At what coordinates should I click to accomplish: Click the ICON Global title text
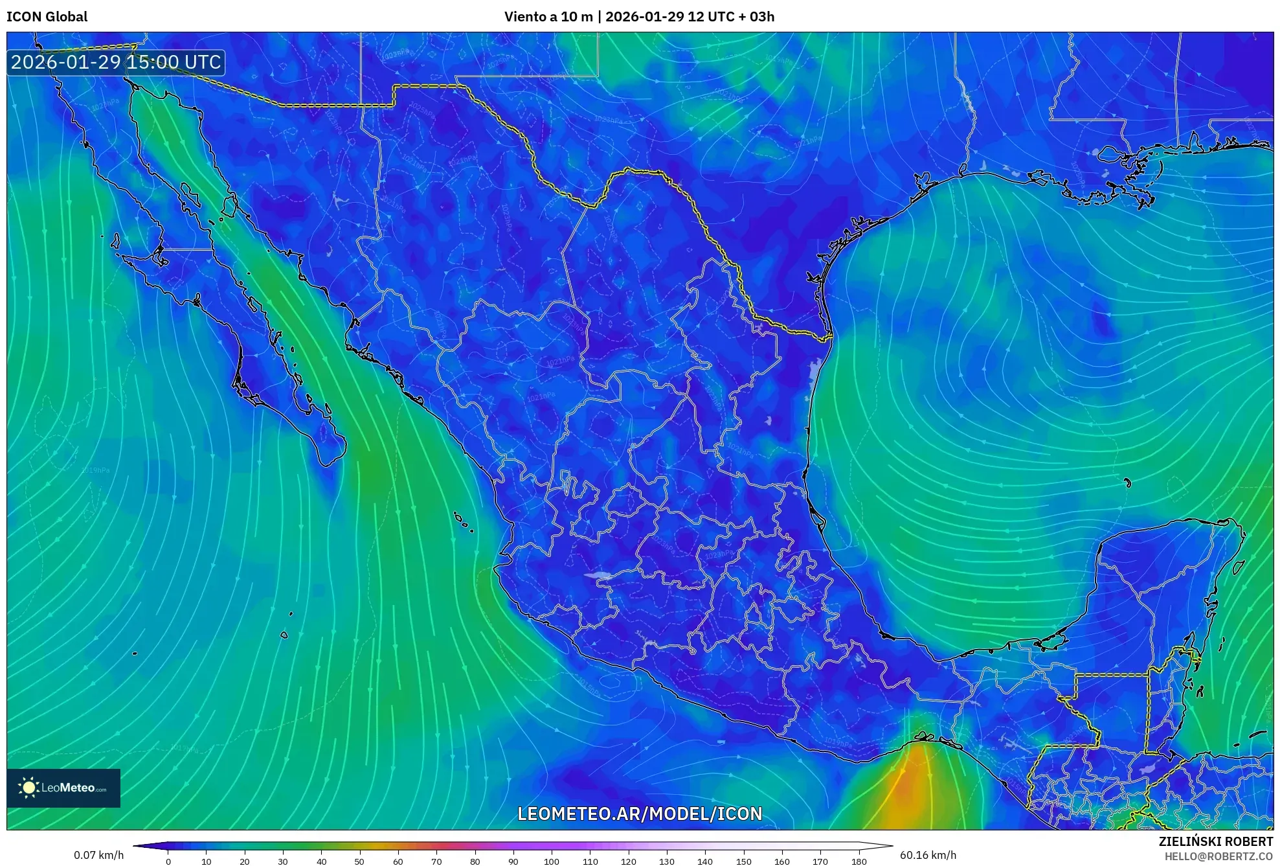[47, 17]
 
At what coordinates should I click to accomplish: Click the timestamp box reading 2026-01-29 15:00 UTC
[116, 62]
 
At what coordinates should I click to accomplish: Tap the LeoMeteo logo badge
[63, 788]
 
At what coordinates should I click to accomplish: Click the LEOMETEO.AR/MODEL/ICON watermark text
[640, 814]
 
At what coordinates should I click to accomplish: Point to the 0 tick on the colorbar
[168, 861]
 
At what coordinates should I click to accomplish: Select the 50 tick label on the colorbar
[359, 861]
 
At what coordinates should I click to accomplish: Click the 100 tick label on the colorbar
[551, 861]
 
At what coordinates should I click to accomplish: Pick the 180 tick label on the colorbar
[859, 861]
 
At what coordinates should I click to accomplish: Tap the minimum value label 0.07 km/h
[98, 855]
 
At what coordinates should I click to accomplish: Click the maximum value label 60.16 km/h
[928, 855]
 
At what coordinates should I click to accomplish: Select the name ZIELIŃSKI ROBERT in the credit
[1215, 841]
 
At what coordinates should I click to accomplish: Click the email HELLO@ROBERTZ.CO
[1218, 856]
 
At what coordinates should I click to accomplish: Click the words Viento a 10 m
[548, 17]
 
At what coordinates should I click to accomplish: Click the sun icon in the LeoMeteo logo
[28, 788]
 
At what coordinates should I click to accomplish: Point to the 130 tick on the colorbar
[666, 861]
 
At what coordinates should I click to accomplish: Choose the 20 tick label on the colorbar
[245, 861]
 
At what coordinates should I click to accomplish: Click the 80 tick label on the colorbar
[475, 861]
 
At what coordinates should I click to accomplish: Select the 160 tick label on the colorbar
[781, 861]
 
